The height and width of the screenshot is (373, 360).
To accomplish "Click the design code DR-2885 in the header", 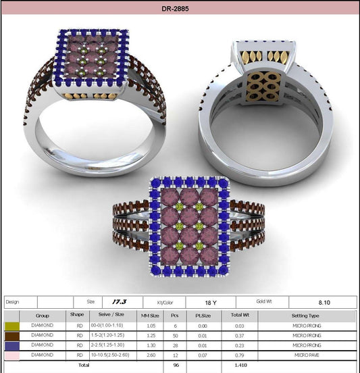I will click(180, 9).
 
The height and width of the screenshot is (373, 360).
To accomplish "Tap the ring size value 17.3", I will click(120, 302).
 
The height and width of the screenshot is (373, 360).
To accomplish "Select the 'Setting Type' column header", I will click(305, 315).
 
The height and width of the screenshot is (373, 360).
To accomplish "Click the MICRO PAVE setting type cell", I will click(305, 354).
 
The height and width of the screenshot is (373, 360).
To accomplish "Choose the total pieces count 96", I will click(175, 364).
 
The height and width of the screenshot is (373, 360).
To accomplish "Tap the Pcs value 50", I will click(176, 335).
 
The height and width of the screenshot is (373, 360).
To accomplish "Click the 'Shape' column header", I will click(76, 315).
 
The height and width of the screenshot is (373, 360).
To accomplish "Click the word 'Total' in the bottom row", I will click(83, 364).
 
